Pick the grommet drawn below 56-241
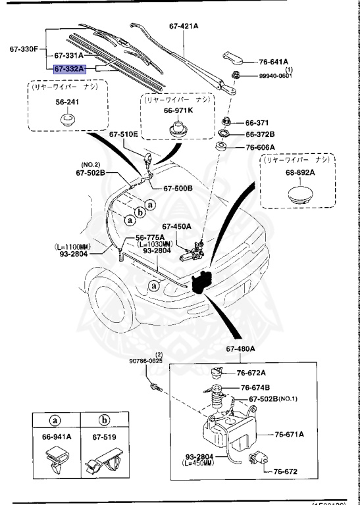pyautogui.click(x=65, y=120)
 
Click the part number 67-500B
pyautogui.click(x=178, y=188)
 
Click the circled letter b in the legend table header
pyautogui.click(x=104, y=418)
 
